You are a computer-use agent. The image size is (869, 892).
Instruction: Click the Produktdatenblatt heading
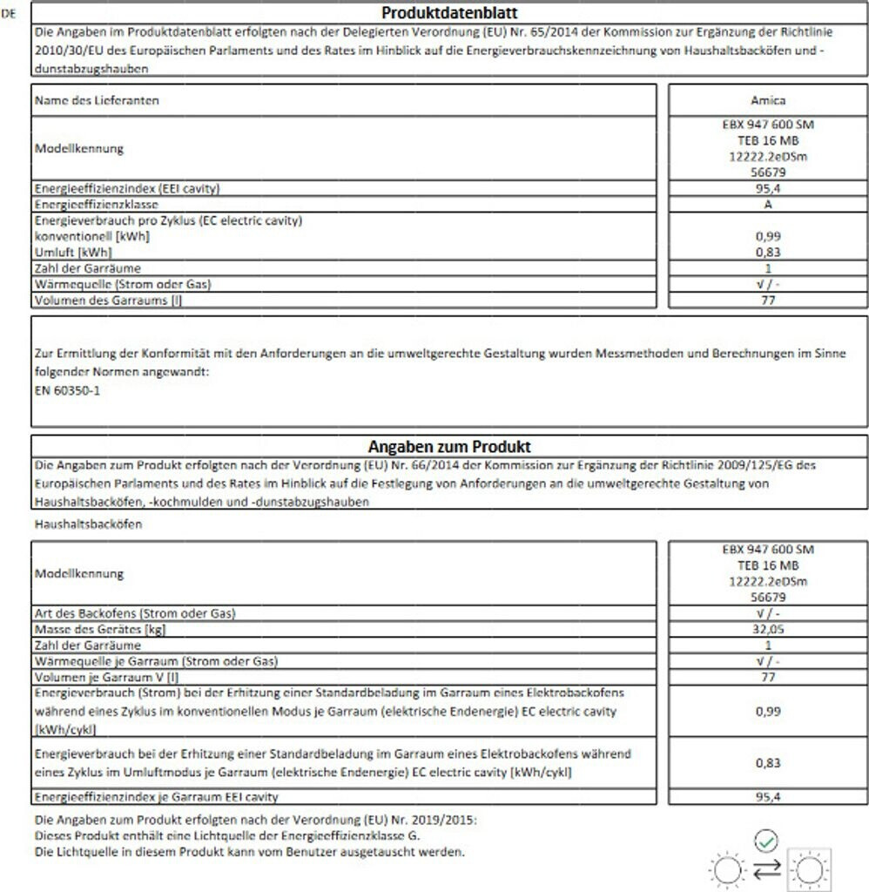coord(450,13)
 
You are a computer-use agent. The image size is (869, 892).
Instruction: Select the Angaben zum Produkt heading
coord(450,447)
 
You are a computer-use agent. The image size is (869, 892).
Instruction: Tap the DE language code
coord(10,14)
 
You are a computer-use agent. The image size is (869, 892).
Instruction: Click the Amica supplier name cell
coord(767,100)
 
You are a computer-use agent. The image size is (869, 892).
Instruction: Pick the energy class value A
coord(767,205)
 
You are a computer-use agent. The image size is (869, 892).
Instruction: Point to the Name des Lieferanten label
coord(97,100)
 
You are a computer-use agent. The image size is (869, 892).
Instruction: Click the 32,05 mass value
coord(767,629)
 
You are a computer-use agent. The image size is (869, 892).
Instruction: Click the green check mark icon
coord(765,841)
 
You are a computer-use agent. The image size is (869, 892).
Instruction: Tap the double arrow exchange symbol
coord(766,868)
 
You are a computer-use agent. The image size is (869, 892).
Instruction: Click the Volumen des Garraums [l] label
coord(108,301)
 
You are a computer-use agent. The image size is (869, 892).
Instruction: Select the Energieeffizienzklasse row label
coord(91,205)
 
